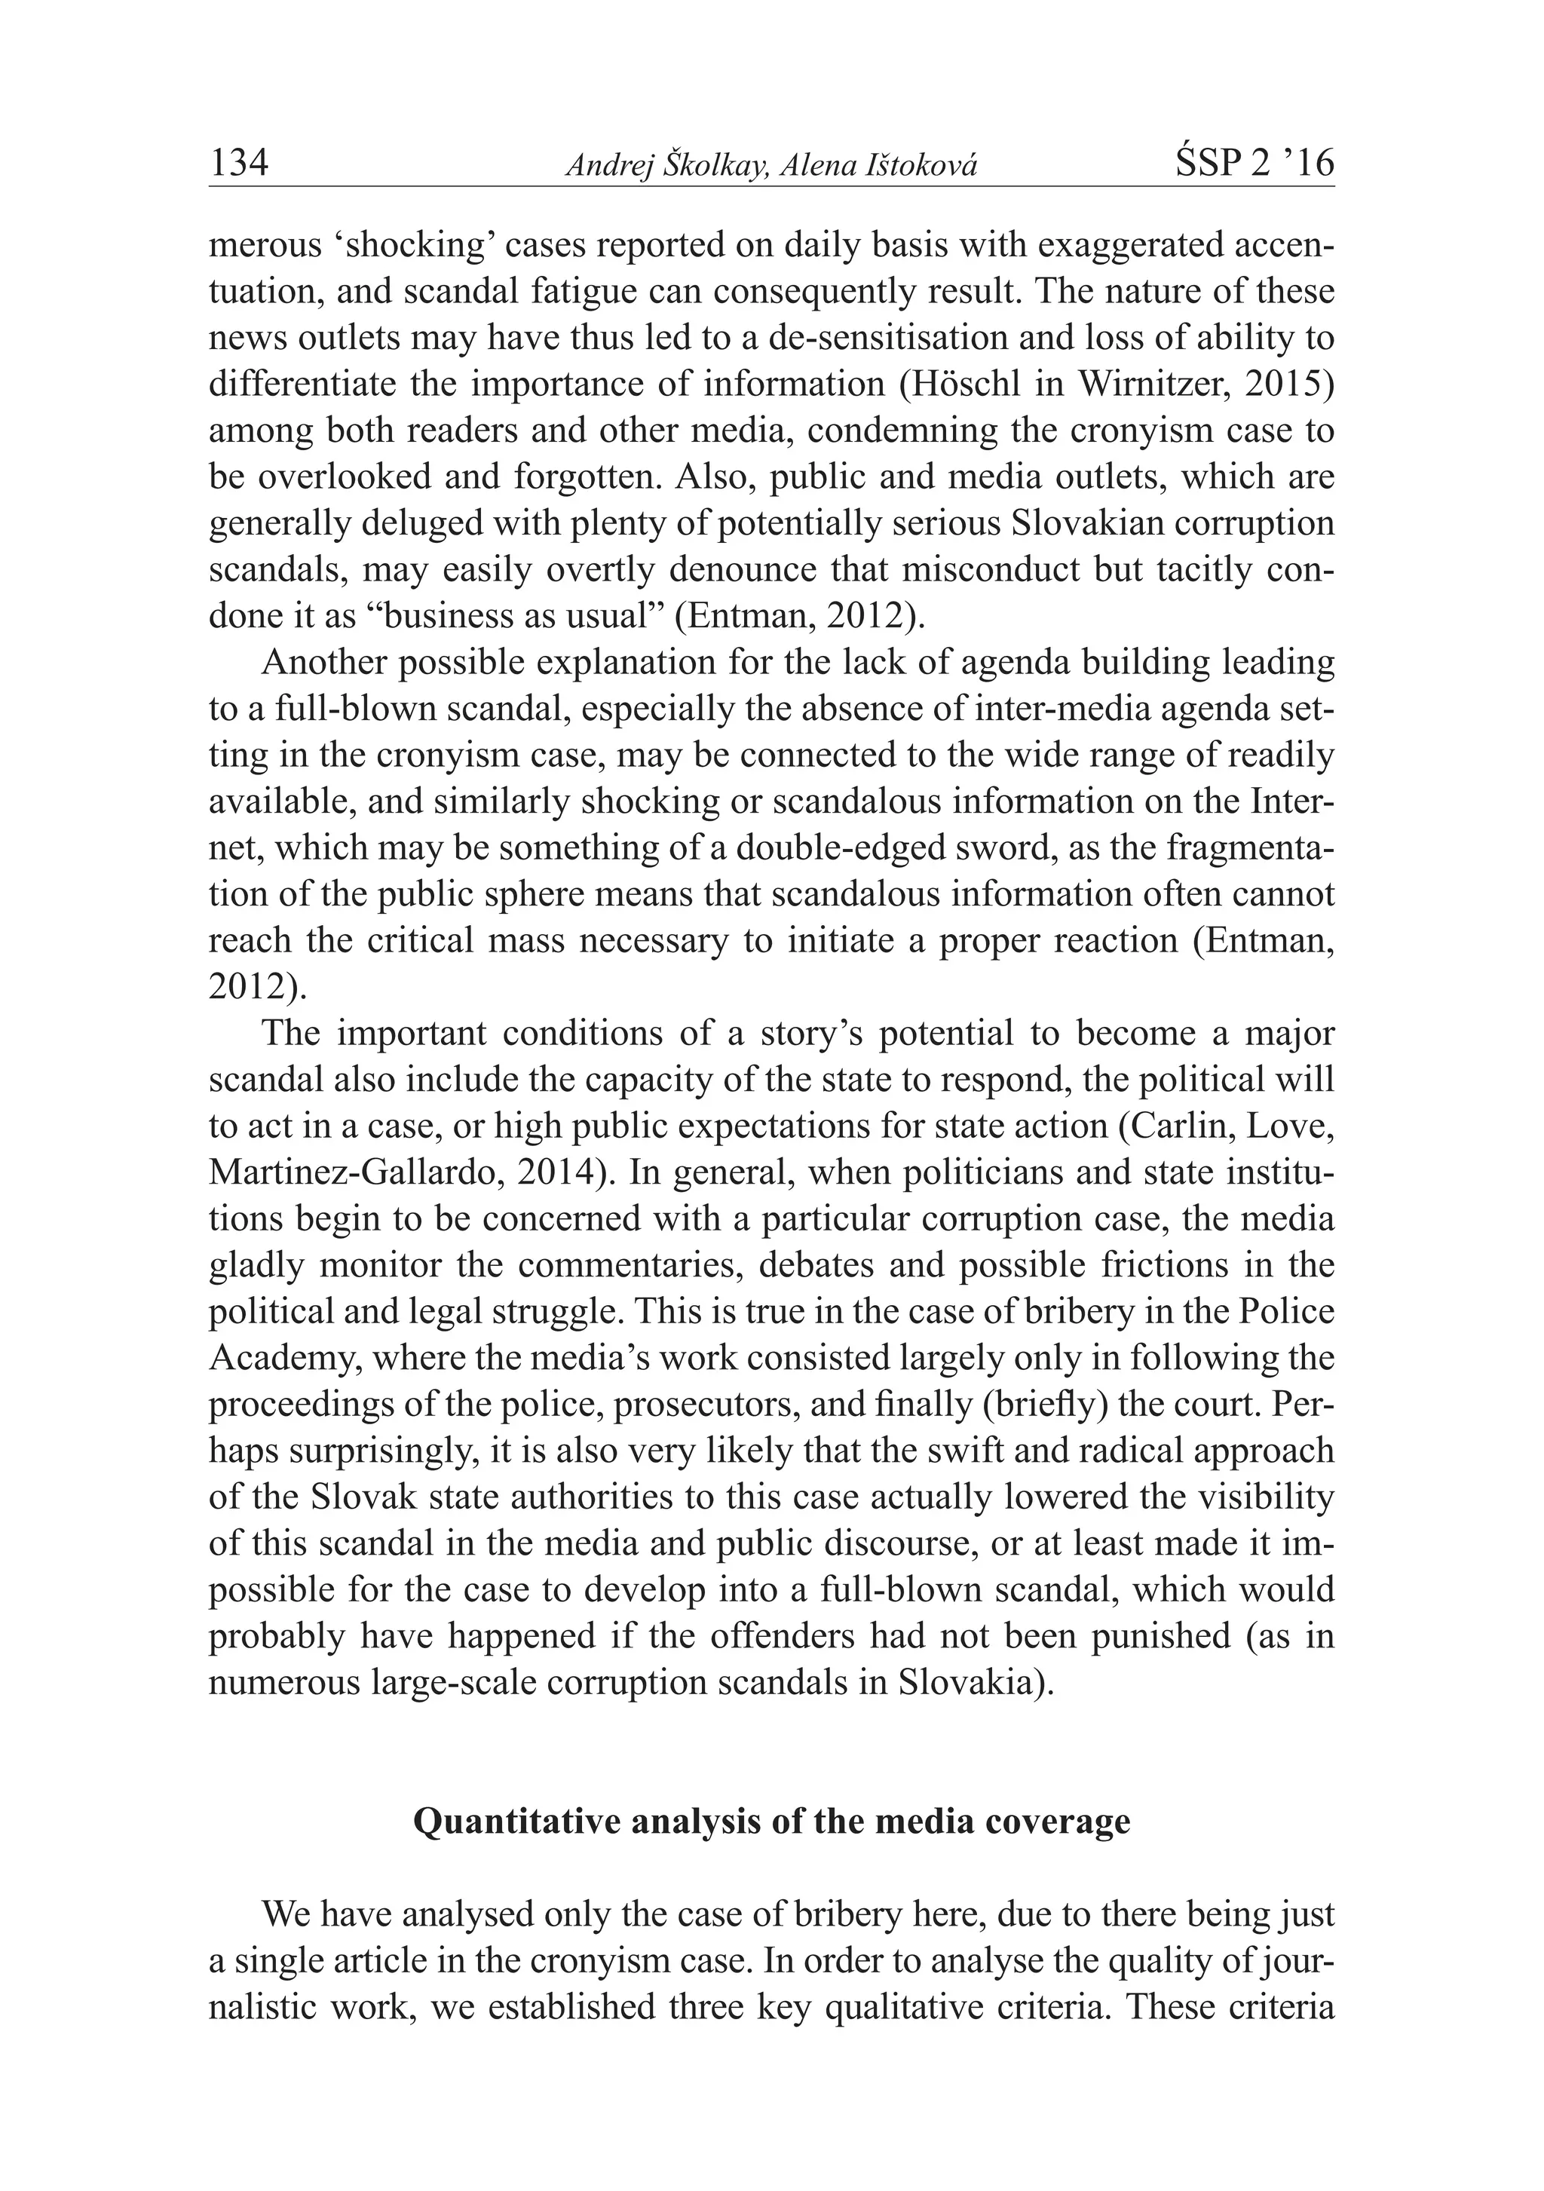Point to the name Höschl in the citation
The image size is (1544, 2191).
coord(1015,385)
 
